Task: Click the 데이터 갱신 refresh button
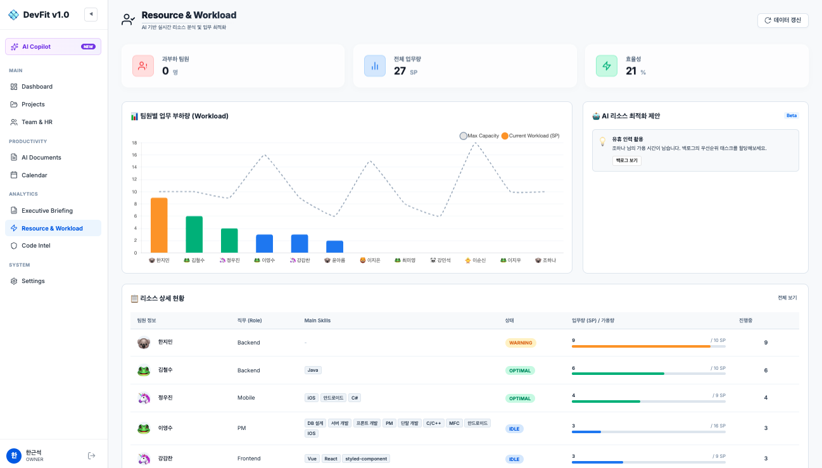click(783, 20)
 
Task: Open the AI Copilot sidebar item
click(53, 46)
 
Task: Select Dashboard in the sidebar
click(37, 87)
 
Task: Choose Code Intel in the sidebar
click(35, 246)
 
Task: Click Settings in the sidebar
click(33, 281)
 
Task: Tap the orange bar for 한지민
click(159, 225)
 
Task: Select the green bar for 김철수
click(194, 234)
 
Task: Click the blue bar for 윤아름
click(335, 246)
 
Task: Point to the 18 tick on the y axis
click(134, 143)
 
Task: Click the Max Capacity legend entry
click(479, 136)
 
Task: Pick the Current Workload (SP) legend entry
click(531, 136)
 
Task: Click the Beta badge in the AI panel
click(792, 116)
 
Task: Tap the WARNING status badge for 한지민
click(521, 343)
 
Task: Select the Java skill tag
click(313, 370)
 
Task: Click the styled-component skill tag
click(366, 459)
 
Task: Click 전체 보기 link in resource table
click(787, 298)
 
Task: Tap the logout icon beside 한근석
click(91, 455)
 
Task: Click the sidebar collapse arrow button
click(91, 15)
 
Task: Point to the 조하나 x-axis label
click(546, 260)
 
